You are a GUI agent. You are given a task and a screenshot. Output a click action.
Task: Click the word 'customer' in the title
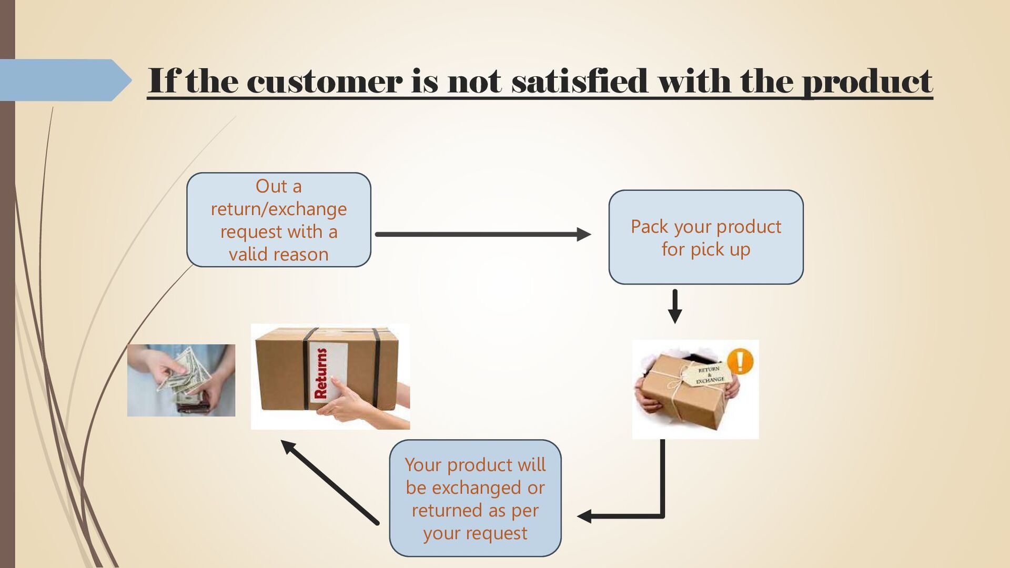324,82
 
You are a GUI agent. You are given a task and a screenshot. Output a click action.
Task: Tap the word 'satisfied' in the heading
579,82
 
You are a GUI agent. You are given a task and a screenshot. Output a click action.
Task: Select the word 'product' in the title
867,83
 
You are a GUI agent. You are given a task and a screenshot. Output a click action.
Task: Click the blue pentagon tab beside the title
63,80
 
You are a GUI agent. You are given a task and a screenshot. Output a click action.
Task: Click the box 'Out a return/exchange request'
278,219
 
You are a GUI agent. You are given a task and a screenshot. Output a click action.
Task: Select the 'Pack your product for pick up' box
705,237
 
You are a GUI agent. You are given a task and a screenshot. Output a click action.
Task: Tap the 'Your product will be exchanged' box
475,498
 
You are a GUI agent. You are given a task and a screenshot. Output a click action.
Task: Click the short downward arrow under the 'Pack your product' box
674,306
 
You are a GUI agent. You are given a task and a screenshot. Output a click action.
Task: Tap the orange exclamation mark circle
740,361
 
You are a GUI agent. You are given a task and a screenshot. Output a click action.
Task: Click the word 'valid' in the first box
247,255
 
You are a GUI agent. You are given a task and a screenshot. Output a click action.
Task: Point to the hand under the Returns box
347,405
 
